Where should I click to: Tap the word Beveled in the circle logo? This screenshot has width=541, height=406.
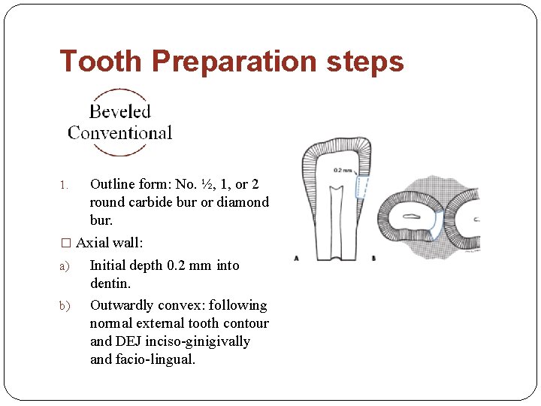pos(120,111)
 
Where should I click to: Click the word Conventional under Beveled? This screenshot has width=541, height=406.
pos(120,133)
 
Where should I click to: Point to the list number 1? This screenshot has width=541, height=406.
pos(64,185)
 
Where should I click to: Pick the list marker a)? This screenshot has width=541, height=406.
pos(64,266)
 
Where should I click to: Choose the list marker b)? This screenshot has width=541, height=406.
pos(64,306)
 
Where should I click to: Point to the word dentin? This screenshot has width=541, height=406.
pos(109,283)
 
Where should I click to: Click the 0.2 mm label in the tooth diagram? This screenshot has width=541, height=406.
pos(342,171)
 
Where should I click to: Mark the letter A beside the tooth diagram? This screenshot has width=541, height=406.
pos(296,258)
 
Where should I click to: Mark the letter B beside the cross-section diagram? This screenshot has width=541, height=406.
pos(373,258)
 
